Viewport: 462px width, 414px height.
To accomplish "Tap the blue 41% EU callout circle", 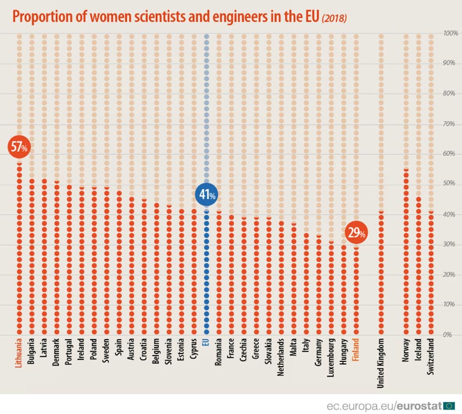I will click(206, 196).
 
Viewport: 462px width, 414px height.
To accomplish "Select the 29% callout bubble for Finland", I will click(355, 233).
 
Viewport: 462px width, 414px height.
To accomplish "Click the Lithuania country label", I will click(19, 360).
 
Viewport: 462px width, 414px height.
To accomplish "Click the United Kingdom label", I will click(381, 364).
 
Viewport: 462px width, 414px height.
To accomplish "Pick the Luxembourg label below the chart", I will click(331, 359).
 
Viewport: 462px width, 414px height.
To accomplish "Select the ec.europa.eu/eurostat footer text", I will click(390, 404).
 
